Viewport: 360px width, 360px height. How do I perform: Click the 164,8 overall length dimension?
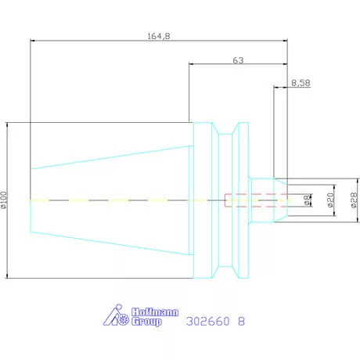159,36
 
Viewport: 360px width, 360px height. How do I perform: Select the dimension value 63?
238,60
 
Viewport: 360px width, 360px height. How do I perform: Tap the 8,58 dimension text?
301,83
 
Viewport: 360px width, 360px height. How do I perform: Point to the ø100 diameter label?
4,200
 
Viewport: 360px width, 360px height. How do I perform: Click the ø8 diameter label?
308,200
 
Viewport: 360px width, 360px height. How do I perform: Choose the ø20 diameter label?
330,200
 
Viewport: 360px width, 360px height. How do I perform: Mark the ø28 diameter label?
354,200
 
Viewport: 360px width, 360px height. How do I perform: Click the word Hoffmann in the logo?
155,312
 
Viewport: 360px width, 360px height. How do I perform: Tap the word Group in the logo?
146,321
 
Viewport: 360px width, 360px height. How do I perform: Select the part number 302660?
208,321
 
